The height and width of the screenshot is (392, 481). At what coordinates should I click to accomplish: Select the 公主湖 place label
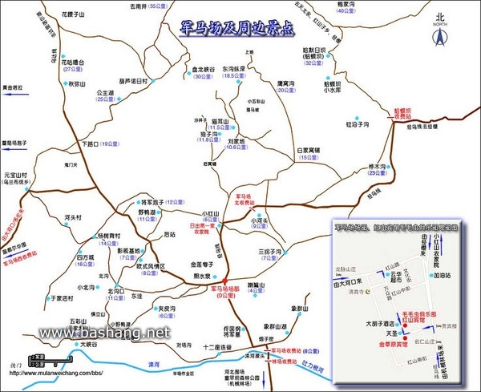[107, 93]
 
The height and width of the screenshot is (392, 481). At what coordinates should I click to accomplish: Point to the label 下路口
[91, 144]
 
